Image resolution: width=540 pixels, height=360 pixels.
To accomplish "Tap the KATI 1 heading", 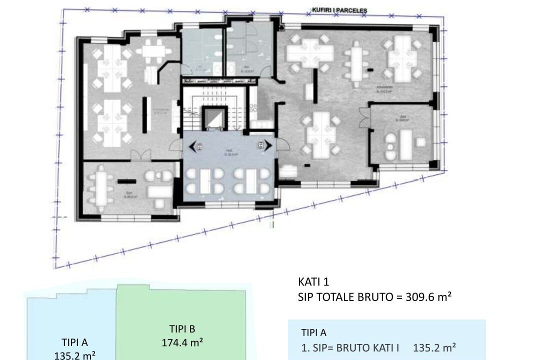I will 313,282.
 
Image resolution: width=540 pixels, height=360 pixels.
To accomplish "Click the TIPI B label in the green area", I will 182,329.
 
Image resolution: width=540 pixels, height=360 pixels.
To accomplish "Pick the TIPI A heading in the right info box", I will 314,332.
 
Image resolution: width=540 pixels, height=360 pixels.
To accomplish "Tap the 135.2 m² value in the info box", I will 434,347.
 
